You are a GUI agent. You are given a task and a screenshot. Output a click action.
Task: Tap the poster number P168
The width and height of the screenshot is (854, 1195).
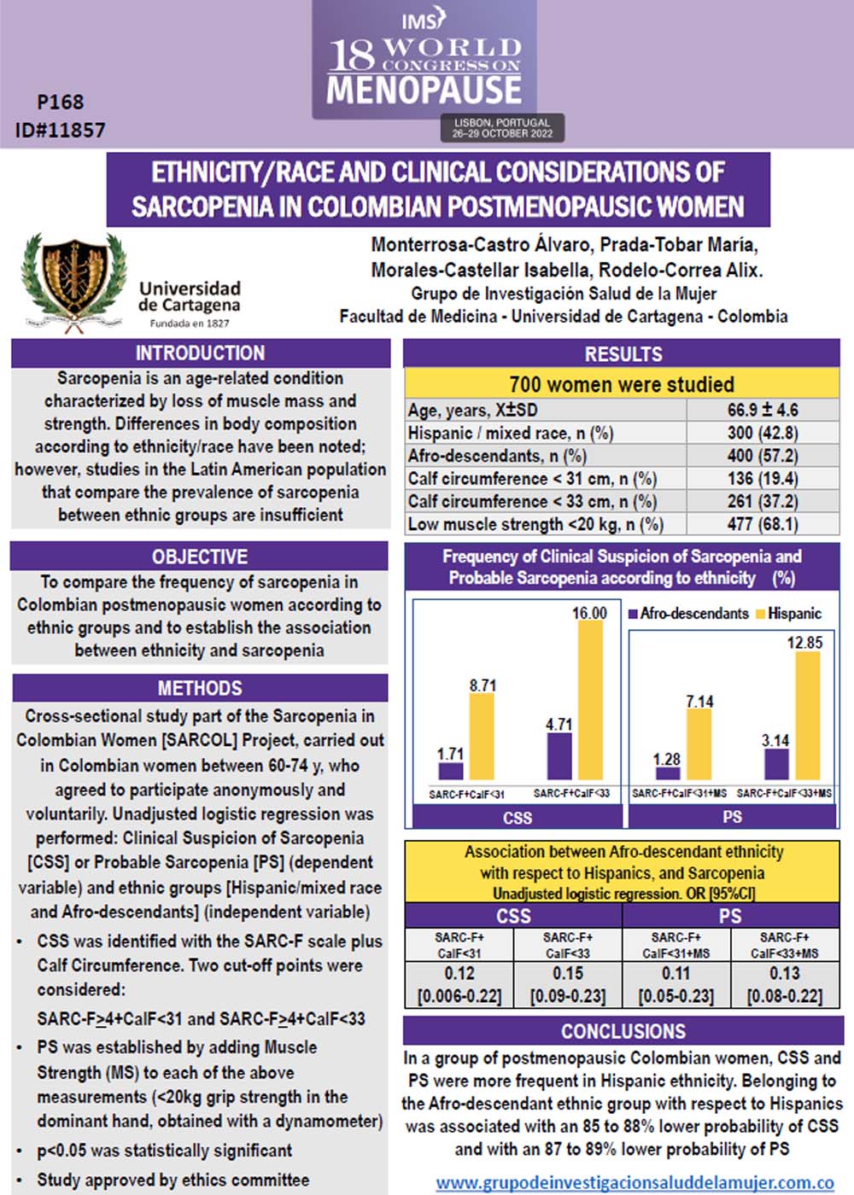pos(61,102)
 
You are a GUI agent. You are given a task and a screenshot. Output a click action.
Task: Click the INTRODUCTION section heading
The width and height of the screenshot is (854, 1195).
pos(200,353)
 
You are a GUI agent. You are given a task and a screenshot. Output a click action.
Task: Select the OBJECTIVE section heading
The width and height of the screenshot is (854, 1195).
pos(200,557)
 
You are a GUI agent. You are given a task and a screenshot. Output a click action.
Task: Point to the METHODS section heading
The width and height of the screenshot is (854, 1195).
pos(200,688)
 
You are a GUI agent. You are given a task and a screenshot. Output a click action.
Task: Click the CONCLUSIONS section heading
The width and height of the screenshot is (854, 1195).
pos(623,1031)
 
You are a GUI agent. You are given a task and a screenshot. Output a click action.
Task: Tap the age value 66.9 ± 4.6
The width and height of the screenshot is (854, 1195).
pos(763,410)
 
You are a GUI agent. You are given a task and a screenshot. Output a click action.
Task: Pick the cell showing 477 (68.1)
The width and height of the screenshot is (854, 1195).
pos(763,524)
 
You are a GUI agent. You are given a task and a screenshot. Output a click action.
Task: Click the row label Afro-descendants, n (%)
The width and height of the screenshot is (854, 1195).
pos(497,456)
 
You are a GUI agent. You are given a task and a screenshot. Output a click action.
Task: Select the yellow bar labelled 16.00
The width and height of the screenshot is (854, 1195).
pos(590,700)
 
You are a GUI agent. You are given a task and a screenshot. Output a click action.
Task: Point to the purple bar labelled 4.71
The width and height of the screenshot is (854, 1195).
pos(559,755)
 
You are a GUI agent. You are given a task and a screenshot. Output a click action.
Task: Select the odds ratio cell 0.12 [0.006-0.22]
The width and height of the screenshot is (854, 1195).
pos(459,984)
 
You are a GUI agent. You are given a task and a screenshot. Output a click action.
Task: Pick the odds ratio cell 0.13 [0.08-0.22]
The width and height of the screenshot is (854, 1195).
pos(784,984)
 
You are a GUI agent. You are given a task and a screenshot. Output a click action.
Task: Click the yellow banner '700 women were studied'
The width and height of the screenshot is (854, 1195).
pos(622,384)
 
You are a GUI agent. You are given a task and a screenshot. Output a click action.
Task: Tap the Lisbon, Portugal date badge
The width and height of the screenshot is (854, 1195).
pos(502,128)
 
